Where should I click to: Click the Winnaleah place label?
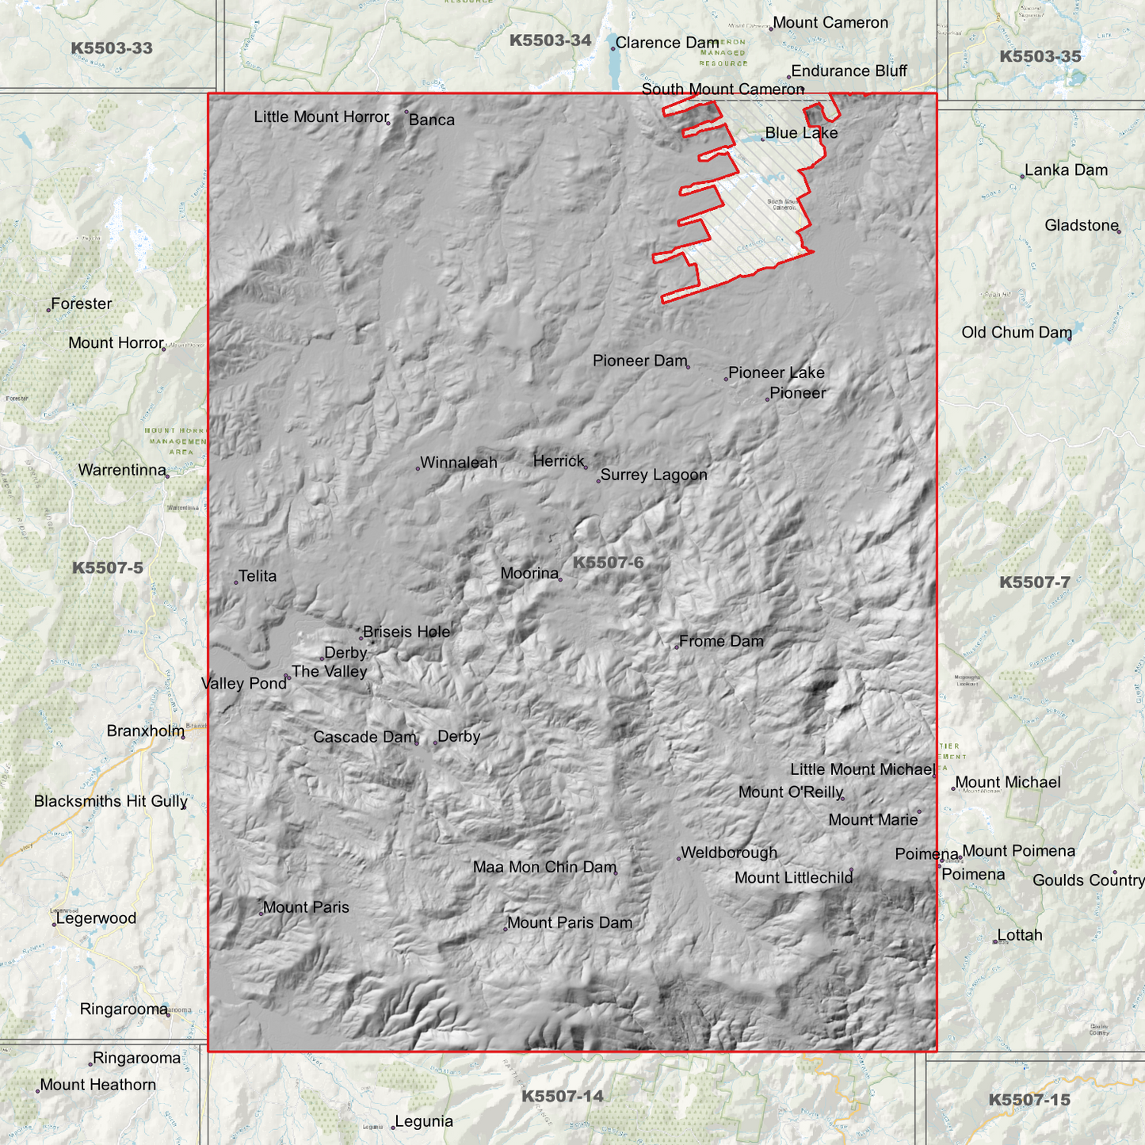(458, 463)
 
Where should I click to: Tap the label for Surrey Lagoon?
(653, 475)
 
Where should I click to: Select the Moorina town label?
(529, 574)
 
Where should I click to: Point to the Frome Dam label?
(721, 641)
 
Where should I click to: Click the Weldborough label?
(729, 853)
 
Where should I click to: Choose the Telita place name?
(258, 576)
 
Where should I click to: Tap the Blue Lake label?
(801, 133)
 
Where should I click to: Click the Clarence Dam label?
(667, 43)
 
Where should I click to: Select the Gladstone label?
(1081, 226)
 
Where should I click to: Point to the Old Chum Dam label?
(1016, 333)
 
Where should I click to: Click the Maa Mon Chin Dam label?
(544, 868)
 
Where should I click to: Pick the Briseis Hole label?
(406, 632)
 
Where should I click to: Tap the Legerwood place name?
(96, 919)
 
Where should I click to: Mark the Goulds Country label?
(1088, 881)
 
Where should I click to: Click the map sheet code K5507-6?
(608, 563)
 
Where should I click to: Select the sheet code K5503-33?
(112, 48)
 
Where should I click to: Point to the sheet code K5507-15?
(1029, 1101)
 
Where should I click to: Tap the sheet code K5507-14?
(562, 1097)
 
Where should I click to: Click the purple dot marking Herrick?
(586, 468)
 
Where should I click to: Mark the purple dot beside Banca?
(406, 112)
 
